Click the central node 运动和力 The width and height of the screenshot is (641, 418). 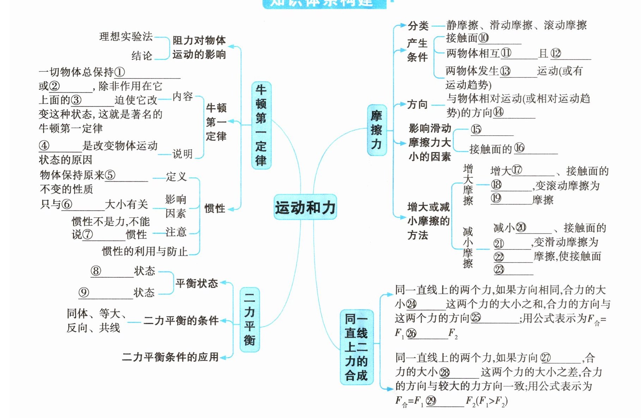305,207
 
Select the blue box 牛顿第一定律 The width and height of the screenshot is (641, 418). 261,125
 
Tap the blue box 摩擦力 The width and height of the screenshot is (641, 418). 376,130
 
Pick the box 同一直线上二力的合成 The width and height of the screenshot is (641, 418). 356,347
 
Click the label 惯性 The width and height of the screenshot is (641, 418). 214,208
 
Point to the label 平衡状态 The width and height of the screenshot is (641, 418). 196,283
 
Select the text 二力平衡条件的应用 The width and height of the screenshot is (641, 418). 170,357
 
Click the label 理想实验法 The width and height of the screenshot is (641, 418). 126,36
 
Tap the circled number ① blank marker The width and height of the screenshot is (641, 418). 120,72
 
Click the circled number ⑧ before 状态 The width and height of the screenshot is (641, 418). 96,271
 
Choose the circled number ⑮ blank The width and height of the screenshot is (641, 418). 476,129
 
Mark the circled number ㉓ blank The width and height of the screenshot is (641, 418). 499,270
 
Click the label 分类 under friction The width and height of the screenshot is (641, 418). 418,25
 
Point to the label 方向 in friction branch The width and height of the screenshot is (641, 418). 417,104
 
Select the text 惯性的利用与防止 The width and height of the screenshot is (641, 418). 145,251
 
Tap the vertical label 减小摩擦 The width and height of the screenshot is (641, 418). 468,247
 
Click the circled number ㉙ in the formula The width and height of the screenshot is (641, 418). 431,401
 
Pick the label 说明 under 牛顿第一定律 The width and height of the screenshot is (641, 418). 182,154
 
